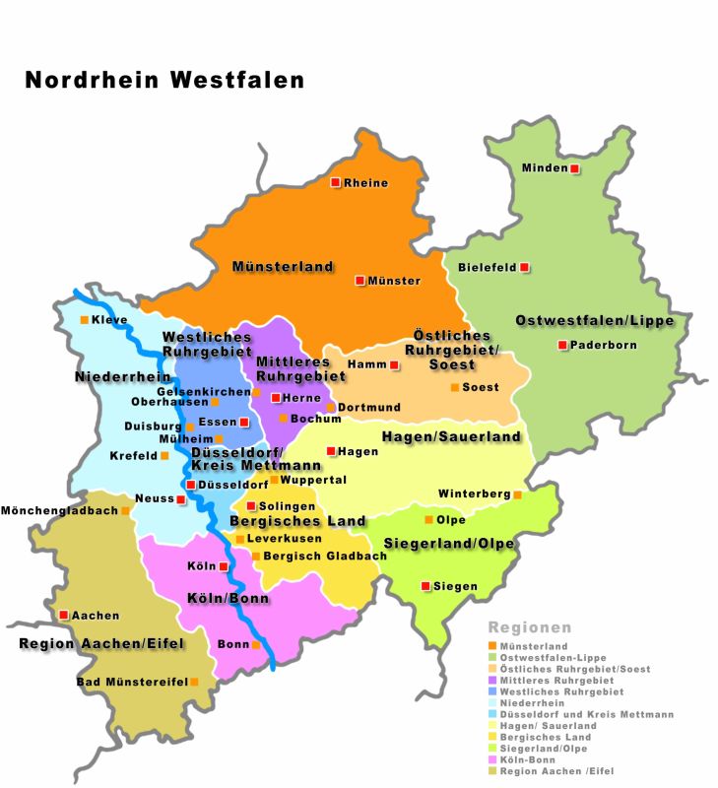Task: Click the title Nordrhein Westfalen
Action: coord(164,80)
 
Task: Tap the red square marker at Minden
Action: coord(574,167)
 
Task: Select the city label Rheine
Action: coord(365,183)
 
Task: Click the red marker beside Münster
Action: coord(360,281)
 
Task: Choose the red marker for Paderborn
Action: coord(562,345)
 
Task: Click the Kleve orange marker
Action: coord(83,319)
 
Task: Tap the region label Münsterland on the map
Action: coord(283,267)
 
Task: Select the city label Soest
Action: coord(481,388)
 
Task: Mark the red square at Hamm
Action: coord(394,365)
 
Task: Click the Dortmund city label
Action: coord(369,408)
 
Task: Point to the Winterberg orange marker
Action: coord(517,494)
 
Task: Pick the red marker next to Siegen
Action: coord(425,586)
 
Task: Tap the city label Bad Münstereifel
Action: coord(132,682)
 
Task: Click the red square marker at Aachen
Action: coord(64,615)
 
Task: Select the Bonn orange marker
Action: coord(256,645)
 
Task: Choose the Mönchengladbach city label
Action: coord(59,510)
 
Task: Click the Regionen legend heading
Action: coord(530,627)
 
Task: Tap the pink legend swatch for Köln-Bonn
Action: coord(492,759)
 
